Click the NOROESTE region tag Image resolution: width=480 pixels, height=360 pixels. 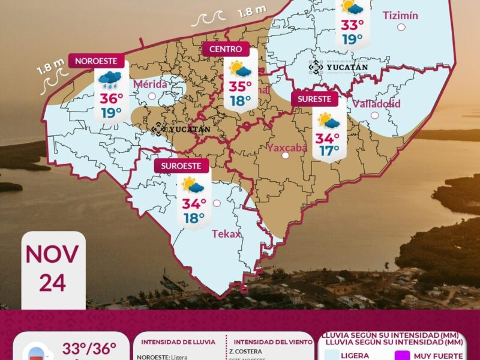(100, 61)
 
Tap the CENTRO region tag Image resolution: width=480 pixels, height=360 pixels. (226, 49)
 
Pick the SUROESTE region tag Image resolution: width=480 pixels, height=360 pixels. (181, 165)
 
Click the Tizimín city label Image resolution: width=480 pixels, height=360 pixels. (400, 15)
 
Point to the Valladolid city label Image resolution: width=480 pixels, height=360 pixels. (376, 104)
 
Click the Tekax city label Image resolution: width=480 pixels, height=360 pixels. (226, 234)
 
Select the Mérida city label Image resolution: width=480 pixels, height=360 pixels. (151, 84)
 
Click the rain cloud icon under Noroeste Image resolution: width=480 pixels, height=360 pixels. (110, 79)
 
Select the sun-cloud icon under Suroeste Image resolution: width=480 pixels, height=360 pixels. (193, 185)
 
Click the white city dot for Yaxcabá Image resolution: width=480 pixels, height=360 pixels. (286, 156)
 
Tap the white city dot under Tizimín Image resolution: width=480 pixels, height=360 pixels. (401, 27)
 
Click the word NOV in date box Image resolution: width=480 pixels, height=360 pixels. (52, 254)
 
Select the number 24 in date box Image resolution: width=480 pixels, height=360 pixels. (52, 281)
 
